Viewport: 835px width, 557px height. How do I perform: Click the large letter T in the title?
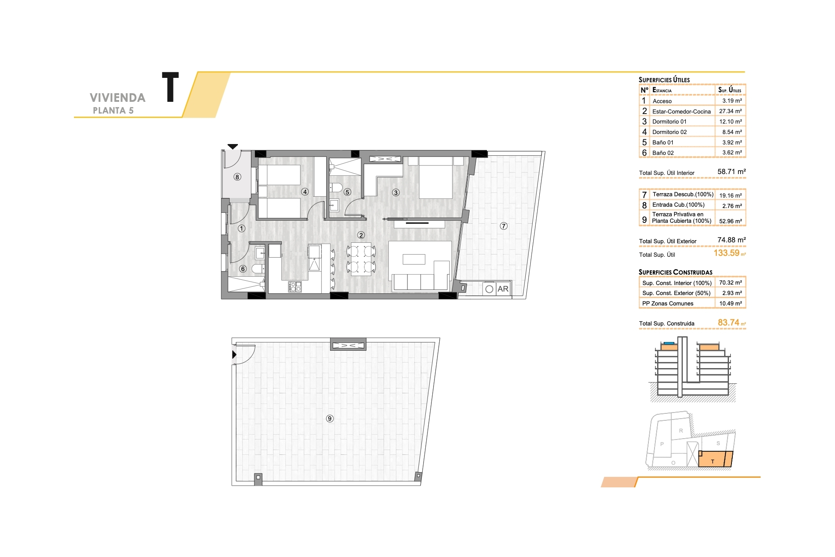click(170, 87)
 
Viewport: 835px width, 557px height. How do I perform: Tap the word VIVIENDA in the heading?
click(117, 98)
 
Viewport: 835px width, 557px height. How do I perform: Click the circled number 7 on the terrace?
click(504, 226)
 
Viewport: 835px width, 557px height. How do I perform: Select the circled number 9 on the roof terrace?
click(330, 419)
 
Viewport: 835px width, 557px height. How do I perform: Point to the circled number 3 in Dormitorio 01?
click(396, 192)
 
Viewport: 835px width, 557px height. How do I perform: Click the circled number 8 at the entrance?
click(237, 177)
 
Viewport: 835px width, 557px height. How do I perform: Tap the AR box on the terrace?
click(497, 289)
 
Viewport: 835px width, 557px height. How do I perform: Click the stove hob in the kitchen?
click(295, 287)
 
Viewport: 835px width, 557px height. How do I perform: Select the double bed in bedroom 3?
click(436, 178)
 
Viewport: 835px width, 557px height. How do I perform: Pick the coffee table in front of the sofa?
click(414, 259)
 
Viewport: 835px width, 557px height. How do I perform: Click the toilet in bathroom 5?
click(335, 188)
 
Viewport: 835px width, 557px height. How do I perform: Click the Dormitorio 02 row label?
click(669, 132)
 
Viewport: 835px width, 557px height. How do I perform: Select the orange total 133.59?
click(726, 253)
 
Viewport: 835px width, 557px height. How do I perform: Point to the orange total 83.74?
click(728, 322)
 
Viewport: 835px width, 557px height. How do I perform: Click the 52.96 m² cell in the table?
click(731, 221)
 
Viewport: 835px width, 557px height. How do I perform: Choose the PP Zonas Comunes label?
click(668, 303)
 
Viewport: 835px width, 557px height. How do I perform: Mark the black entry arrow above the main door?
click(233, 147)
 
